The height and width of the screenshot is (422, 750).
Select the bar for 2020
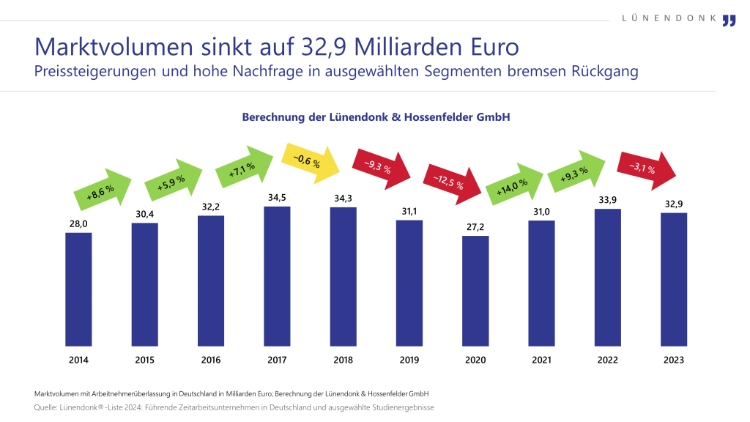point(475,289)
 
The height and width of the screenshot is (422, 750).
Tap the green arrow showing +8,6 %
point(101,191)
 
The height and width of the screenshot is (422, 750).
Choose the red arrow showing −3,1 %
point(646,168)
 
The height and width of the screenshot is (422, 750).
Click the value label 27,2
point(475,228)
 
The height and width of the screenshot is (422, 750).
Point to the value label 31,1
point(409,212)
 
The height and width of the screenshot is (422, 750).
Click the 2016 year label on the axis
point(211,360)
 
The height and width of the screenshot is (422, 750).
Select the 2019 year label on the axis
point(409,360)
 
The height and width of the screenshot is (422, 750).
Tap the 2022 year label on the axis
point(607,360)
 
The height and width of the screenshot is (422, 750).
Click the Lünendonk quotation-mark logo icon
point(728,20)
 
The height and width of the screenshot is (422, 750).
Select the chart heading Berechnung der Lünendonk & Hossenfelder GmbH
point(375,117)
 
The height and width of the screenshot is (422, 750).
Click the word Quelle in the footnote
point(48,407)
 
